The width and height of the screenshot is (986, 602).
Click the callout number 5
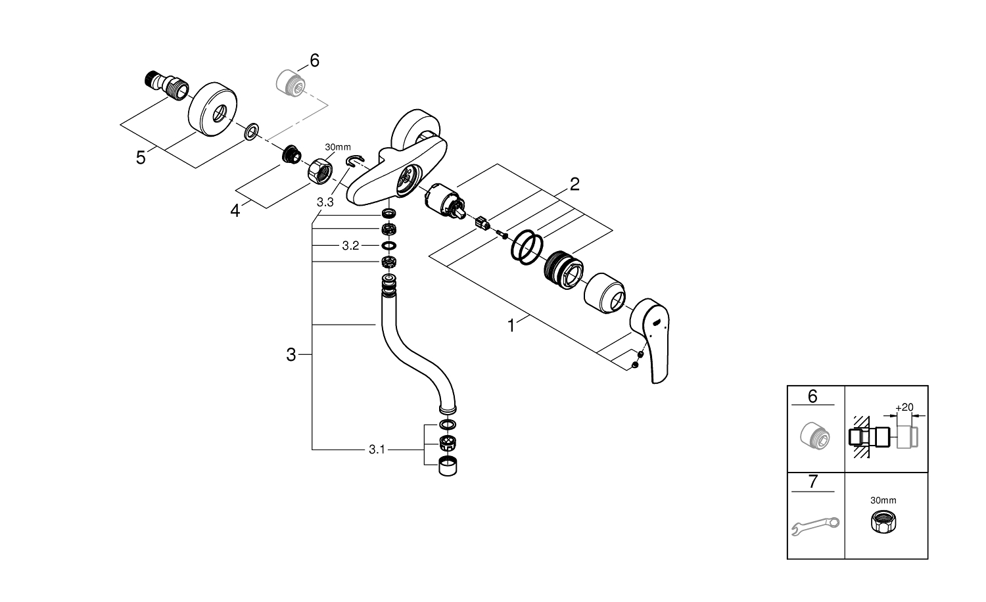[141, 158]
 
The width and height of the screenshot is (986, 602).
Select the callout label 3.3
[325, 202]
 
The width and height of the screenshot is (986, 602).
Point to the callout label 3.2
[350, 246]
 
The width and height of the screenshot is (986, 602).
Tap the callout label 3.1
[376, 450]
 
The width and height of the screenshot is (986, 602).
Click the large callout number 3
[291, 355]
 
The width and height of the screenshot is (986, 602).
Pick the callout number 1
[511, 325]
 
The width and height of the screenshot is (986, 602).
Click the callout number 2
[575, 184]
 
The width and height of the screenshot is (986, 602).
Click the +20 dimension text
[904, 407]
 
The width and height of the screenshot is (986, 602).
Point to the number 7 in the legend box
[812, 482]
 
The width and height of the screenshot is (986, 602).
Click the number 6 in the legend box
[812, 396]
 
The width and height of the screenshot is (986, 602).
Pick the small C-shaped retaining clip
[356, 161]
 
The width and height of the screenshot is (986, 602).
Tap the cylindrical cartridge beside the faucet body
[443, 201]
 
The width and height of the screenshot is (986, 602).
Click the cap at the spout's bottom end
[448, 467]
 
